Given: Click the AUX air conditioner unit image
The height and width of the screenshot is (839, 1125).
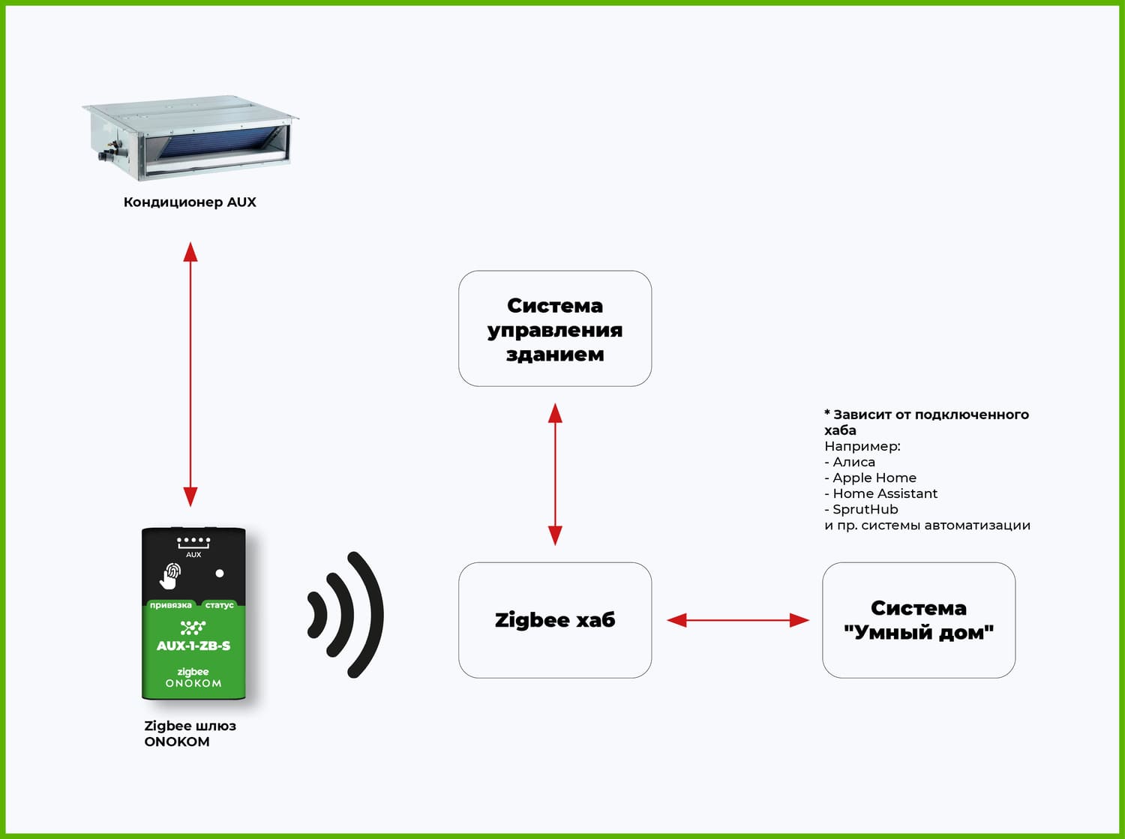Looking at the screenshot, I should coord(190,137).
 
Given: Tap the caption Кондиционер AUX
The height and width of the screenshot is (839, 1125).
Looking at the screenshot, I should coord(190,202).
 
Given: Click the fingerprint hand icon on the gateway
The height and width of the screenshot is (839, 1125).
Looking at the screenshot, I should coord(170,575).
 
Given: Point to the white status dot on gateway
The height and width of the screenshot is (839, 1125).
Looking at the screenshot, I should coord(220,574).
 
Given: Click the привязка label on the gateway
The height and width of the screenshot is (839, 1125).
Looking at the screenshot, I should coord(170,605).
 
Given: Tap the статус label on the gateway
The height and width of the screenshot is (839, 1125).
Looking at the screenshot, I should coord(219,605).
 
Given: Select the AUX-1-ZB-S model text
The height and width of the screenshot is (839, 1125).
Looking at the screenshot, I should coord(193,646).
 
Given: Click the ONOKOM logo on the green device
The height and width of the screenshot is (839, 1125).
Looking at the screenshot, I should coord(193,684).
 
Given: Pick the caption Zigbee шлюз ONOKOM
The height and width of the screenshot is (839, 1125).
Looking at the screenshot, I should coord(189,733).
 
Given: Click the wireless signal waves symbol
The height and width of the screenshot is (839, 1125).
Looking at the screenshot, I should coord(346,616).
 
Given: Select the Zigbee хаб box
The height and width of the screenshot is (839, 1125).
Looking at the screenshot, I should coord(555,620).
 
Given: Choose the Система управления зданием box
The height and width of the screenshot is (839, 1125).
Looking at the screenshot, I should coord(555,329).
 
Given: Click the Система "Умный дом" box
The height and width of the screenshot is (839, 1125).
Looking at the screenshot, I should coord(919,620).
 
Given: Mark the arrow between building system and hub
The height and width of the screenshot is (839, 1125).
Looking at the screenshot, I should coord(555,474).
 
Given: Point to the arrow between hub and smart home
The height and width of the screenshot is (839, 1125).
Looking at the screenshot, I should coord(738,620).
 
